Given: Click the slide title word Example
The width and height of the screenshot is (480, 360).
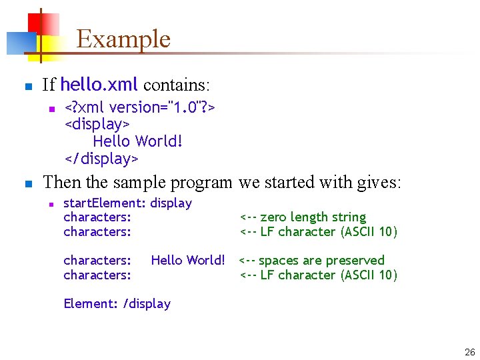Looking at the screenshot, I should click(x=123, y=39).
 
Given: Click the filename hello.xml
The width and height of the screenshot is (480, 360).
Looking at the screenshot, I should click(x=99, y=85).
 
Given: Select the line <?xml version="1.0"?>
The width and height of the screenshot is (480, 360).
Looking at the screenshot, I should click(x=139, y=107).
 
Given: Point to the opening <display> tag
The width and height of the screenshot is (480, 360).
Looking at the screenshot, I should click(x=97, y=125).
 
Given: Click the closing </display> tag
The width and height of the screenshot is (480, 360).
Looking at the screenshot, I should click(x=101, y=159).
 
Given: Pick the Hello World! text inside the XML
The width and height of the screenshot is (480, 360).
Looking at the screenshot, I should click(x=137, y=141).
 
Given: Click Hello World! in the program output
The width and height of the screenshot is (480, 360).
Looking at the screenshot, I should click(x=188, y=260).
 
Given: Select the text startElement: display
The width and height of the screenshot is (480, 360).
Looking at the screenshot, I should click(x=127, y=203).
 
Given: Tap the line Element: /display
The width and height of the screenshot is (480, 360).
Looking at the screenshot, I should click(x=117, y=303).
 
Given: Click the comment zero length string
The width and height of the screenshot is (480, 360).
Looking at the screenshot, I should click(x=313, y=217).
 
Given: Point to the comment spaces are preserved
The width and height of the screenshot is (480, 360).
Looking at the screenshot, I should click(x=321, y=260).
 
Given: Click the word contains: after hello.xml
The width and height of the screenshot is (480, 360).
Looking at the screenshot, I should click(x=177, y=85).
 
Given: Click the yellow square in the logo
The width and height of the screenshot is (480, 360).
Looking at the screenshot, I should click(x=50, y=44).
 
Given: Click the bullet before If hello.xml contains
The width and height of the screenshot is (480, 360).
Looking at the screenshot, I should click(x=27, y=87).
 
